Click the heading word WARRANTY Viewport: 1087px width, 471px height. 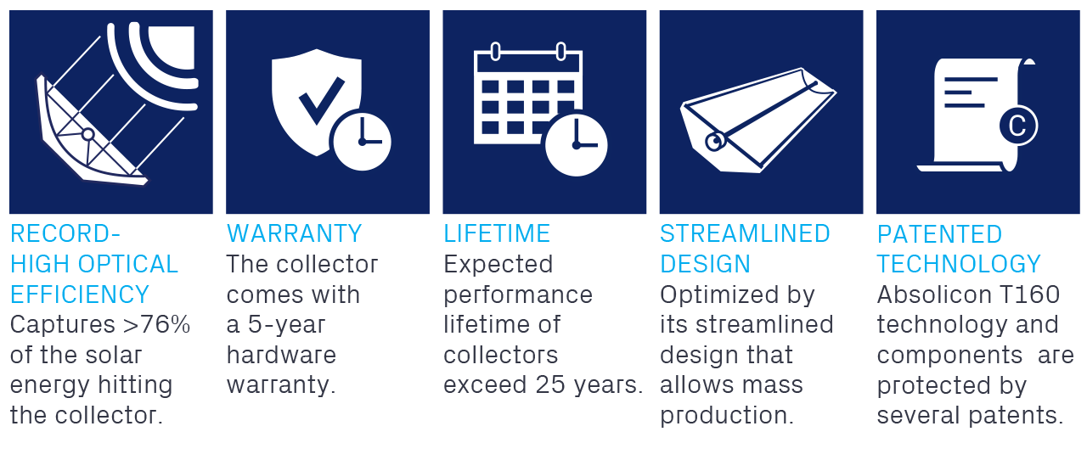click(294, 233)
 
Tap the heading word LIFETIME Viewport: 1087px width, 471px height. click(497, 233)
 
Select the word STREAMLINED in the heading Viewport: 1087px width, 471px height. click(745, 233)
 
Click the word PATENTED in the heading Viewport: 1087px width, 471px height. click(939, 234)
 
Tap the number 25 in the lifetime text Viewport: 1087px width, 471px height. click(550, 384)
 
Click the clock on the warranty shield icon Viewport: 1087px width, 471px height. click(362, 141)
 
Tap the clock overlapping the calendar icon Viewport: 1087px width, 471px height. click(576, 145)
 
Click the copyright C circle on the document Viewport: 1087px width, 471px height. click(1018, 126)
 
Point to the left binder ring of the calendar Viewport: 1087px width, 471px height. click(495, 52)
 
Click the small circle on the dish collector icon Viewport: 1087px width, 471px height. click(87, 134)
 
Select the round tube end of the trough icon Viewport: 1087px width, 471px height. click(715, 142)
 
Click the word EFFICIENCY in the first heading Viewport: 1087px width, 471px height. click(80, 294)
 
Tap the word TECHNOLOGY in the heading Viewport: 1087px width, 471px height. click(959, 265)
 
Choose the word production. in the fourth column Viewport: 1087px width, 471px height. click(726, 415)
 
